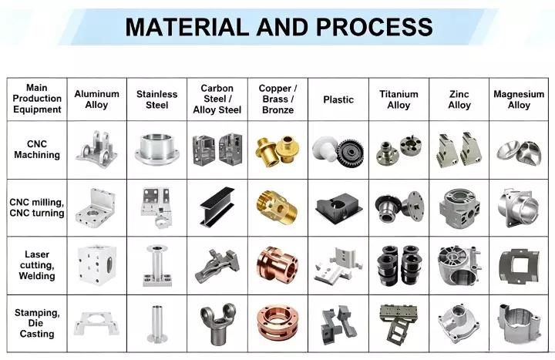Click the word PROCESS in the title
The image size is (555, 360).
coord(374,27)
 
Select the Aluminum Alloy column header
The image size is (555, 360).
coord(96,99)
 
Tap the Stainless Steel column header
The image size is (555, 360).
coord(156,99)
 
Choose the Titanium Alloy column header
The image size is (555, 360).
coord(399,99)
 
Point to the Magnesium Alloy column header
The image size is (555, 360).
coord(519,99)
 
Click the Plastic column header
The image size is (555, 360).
coord(338,99)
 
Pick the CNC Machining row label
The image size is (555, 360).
coord(37,150)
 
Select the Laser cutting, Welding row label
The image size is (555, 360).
coord(37,265)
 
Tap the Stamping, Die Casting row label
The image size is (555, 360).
coord(37,323)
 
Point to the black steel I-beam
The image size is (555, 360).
coord(217,207)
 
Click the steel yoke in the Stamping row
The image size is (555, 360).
coord(217,323)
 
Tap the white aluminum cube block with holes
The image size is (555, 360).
coord(96,264)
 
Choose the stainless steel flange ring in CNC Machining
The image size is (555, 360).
coord(156,150)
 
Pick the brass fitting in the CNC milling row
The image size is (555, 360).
coord(277,207)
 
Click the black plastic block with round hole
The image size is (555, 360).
coord(338,209)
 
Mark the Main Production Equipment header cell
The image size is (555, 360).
coord(37,99)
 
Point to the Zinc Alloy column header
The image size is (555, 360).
coord(459,99)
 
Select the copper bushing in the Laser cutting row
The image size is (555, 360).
coord(277,265)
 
